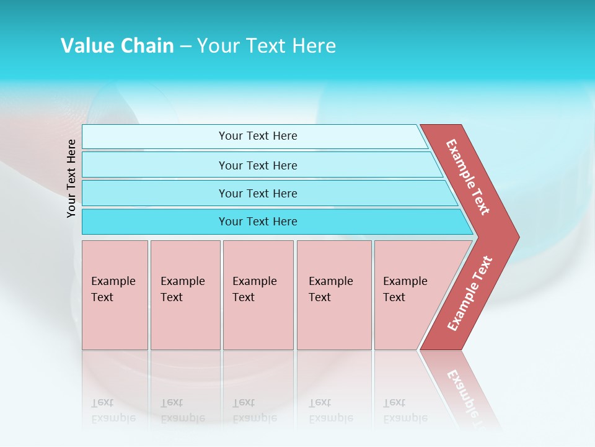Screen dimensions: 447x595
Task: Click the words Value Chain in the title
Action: click(117, 46)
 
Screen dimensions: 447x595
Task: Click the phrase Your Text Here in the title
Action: click(267, 46)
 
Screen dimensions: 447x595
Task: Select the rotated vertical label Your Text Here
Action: click(71, 178)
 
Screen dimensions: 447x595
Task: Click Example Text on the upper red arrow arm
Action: click(468, 177)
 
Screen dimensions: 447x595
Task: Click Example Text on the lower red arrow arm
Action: click(470, 294)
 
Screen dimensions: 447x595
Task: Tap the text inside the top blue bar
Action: click(258, 136)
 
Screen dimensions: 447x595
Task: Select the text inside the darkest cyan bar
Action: click(258, 222)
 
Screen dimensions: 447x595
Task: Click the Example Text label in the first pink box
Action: click(113, 289)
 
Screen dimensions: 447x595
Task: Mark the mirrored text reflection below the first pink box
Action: click(113, 411)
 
